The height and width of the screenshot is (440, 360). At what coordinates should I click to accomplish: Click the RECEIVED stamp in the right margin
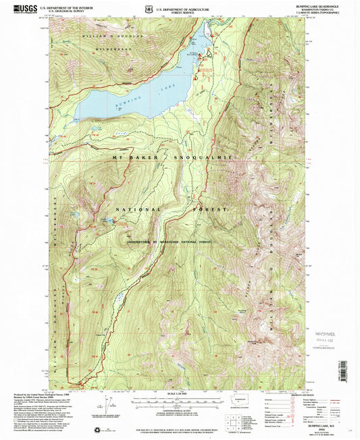tap(330, 333)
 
